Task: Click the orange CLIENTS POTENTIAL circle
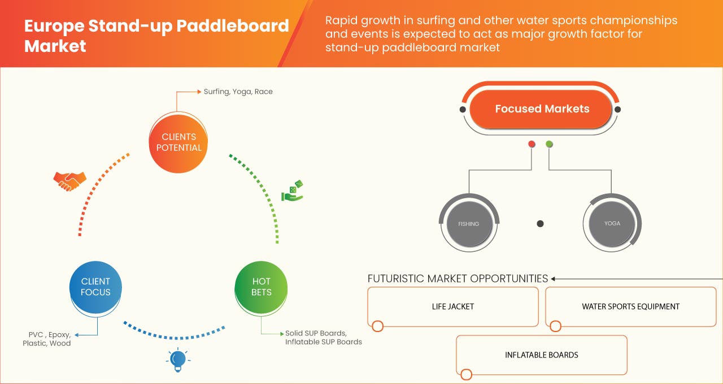coord(178,142)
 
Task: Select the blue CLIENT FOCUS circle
coord(95,287)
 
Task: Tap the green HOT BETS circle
coord(261,287)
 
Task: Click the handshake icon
coord(69,181)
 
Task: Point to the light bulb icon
coord(178,359)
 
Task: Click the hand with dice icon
coord(293,191)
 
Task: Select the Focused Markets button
coord(542,109)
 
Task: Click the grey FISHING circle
coord(468,224)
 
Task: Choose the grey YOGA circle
coord(612,223)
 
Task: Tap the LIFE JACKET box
coord(452,307)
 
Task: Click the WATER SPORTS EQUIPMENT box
coord(630,307)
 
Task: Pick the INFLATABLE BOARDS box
coord(541,355)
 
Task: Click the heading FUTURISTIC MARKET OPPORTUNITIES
coord(458,278)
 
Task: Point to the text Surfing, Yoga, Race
coord(238,91)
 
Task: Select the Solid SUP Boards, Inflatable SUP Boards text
coord(323,338)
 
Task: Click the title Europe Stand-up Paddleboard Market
coord(156,35)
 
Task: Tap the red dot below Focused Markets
coord(532,145)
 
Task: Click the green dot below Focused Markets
coord(549,145)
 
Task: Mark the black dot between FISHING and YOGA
coord(540,224)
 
